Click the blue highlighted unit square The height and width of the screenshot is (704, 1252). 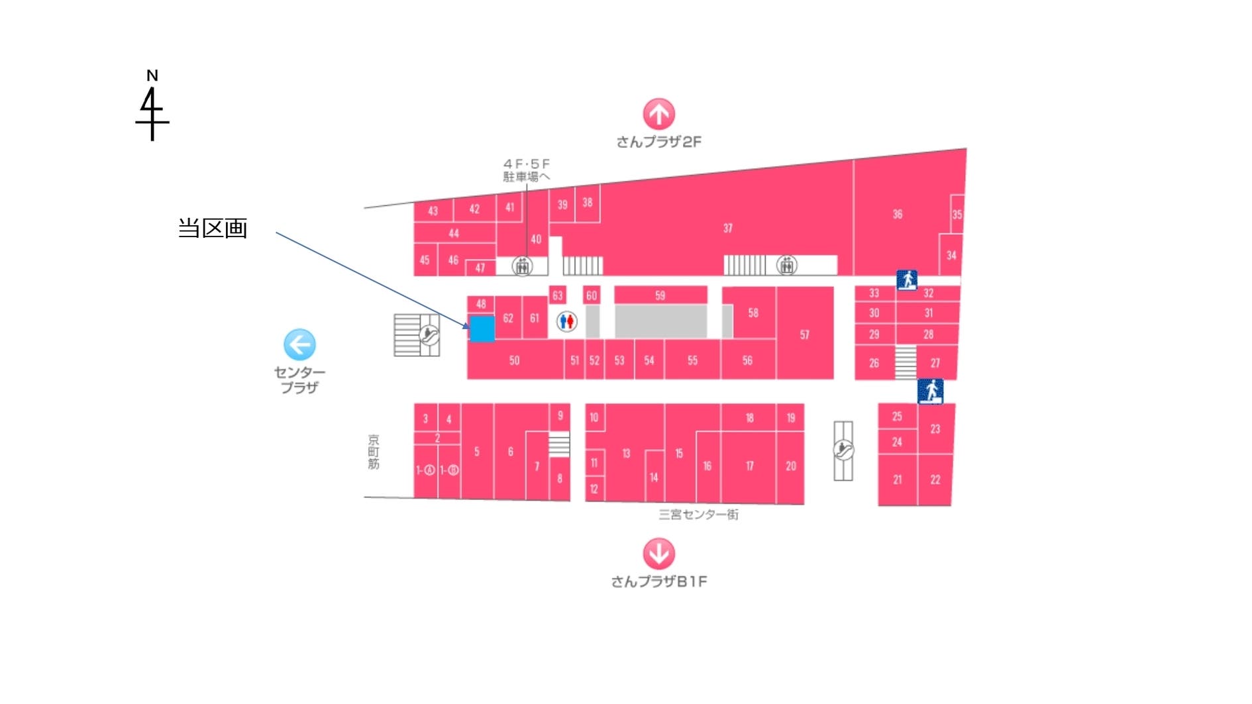pyautogui.click(x=482, y=328)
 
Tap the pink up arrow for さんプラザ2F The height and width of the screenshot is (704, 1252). pyautogui.click(x=658, y=114)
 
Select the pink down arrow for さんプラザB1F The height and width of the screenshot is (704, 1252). pyautogui.click(x=658, y=553)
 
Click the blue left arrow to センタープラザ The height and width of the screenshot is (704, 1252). pyautogui.click(x=299, y=344)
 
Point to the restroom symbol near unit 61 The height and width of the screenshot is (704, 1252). pyautogui.click(x=566, y=322)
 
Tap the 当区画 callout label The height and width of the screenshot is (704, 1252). pyautogui.click(x=213, y=228)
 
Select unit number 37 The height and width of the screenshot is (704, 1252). pyautogui.click(x=728, y=228)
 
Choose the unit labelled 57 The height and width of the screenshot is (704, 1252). pyautogui.click(x=804, y=334)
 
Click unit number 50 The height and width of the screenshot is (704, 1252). pyautogui.click(x=514, y=360)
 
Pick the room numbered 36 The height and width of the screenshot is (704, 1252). pyautogui.click(x=897, y=214)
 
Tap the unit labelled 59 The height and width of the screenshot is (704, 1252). pyautogui.click(x=660, y=295)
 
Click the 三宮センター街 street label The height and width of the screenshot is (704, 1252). pyautogui.click(x=698, y=515)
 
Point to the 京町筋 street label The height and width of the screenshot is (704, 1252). pyautogui.click(x=374, y=452)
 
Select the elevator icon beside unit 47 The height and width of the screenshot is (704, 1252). pyautogui.click(x=522, y=266)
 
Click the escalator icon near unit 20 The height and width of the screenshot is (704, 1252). pyautogui.click(x=843, y=450)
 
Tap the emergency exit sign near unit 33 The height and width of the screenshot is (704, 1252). pyautogui.click(x=906, y=279)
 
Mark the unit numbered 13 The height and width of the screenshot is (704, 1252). pyautogui.click(x=626, y=454)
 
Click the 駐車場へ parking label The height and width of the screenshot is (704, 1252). pyautogui.click(x=526, y=177)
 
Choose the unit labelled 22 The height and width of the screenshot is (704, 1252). pyautogui.click(x=935, y=479)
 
